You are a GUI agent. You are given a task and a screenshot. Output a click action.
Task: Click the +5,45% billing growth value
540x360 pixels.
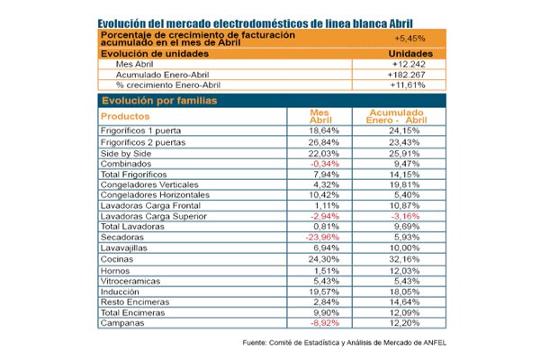click(409, 38)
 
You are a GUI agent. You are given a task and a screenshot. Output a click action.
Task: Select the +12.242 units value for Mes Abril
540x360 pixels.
click(409, 64)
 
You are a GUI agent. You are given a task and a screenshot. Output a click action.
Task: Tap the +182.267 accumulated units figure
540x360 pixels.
click(407, 75)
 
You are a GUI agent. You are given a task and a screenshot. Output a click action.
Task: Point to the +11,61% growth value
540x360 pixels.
click(408, 85)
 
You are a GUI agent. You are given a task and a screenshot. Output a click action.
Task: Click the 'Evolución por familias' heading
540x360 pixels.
click(159, 101)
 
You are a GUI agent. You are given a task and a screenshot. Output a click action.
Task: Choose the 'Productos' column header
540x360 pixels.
click(125, 116)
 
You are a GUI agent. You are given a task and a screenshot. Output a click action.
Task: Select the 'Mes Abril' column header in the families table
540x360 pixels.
click(320, 116)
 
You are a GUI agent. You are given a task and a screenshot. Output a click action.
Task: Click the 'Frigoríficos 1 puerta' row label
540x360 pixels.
click(141, 130)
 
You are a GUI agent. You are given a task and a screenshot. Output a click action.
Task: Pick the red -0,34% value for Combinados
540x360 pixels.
click(325, 164)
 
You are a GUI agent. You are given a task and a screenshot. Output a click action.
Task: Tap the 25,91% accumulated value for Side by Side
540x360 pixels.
click(404, 154)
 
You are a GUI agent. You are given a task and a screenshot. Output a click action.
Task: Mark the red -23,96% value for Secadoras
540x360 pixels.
click(322, 238)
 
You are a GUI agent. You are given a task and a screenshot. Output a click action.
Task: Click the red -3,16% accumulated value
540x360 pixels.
click(405, 216)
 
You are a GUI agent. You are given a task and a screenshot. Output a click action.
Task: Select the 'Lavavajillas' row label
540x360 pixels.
click(123, 248)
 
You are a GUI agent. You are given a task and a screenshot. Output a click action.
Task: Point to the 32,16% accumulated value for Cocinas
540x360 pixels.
click(404, 259)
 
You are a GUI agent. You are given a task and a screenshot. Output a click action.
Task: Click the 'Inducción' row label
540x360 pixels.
click(120, 292)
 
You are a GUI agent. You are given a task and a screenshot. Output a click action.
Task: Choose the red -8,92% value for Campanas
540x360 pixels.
click(325, 323)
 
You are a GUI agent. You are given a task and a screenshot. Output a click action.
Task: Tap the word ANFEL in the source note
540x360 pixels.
click(435, 343)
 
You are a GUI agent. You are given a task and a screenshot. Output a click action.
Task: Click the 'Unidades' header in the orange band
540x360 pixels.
click(410, 54)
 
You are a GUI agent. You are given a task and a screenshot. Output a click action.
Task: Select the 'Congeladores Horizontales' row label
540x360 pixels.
click(155, 195)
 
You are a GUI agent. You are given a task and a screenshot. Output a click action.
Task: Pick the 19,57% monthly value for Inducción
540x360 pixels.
click(324, 292)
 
